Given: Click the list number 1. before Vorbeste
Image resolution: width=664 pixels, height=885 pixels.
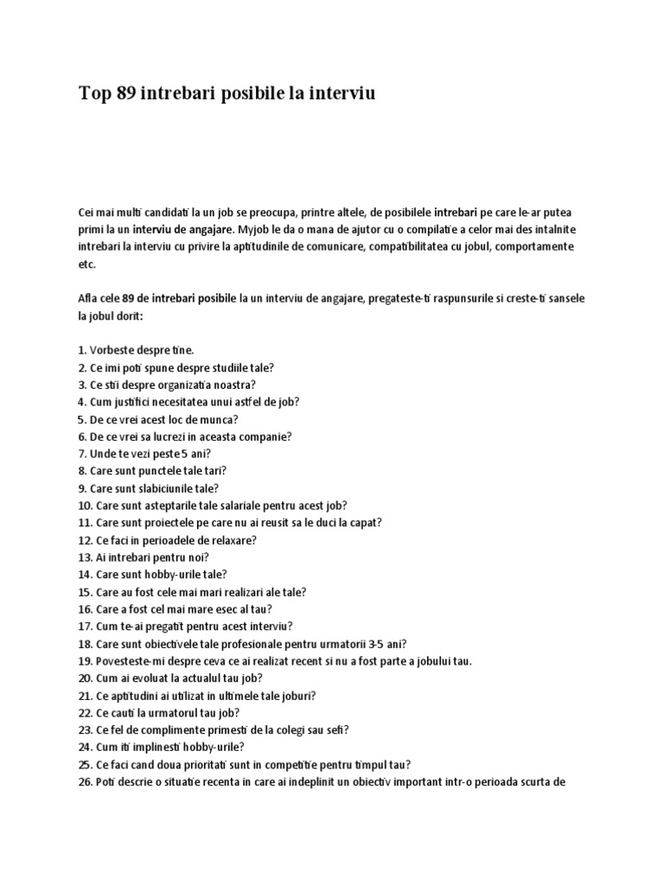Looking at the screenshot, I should (x=82, y=350).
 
